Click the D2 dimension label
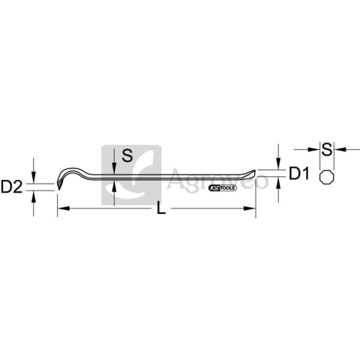pyautogui.click(x=11, y=187)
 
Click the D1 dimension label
pyautogui.click(x=299, y=173)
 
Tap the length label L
pyautogui.click(x=161, y=208)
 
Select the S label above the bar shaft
pyautogui.click(x=127, y=155)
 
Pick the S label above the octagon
pyautogui.click(x=327, y=149)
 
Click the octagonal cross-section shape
pyautogui.click(x=327, y=178)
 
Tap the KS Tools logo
pyautogui.click(x=223, y=188)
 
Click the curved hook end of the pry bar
pyautogui.click(x=65, y=175)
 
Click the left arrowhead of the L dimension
pyautogui.click(x=63, y=208)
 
